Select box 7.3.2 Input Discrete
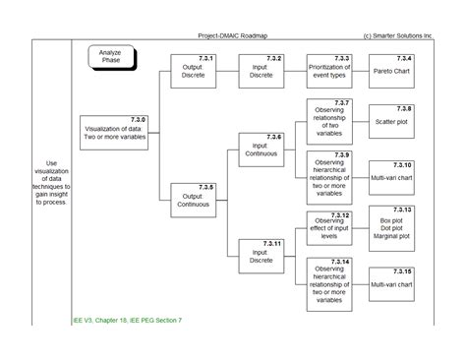(x=262, y=71)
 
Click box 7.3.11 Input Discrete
(x=262, y=255)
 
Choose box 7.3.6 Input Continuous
(x=262, y=150)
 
